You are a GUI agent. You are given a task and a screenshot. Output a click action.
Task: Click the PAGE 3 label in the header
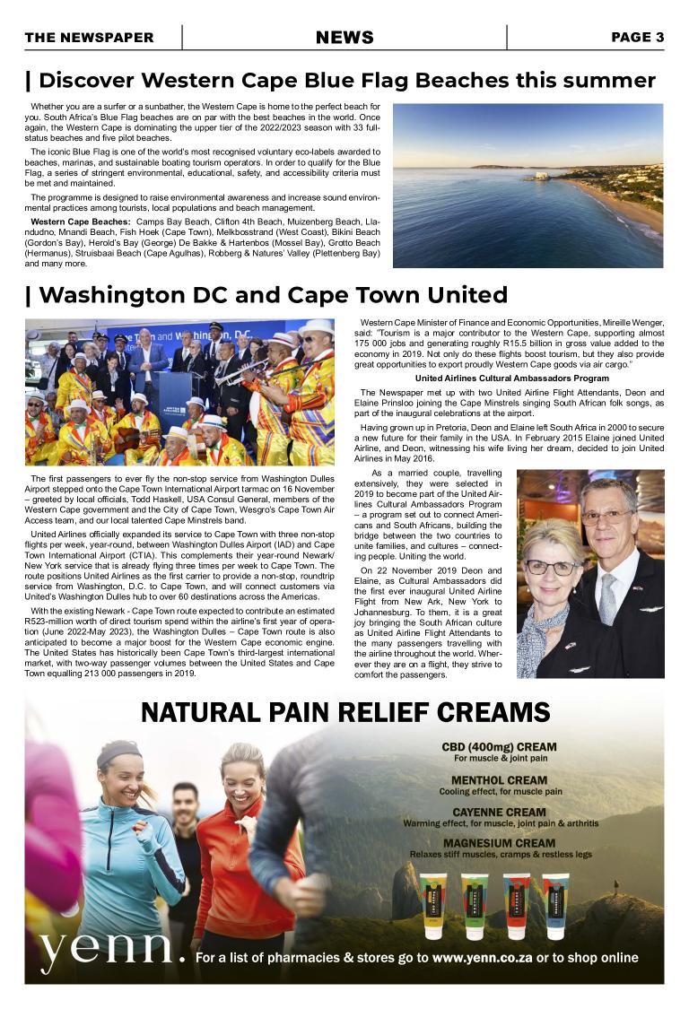click(x=637, y=38)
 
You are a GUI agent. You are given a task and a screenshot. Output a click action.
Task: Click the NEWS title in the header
click(x=344, y=38)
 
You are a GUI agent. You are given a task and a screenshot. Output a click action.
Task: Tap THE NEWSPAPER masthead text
click(x=89, y=38)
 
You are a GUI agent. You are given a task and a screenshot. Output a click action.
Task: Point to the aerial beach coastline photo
click(x=528, y=185)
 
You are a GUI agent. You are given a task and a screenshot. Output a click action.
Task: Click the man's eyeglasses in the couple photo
click(x=606, y=517)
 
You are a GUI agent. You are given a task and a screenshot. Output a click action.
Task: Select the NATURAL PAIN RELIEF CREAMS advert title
click(x=345, y=713)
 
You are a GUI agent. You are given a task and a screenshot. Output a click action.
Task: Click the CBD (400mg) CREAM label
click(x=499, y=747)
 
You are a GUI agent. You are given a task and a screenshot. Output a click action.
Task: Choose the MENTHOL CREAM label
click(x=499, y=780)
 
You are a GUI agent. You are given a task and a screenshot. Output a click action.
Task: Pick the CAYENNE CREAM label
click(x=499, y=813)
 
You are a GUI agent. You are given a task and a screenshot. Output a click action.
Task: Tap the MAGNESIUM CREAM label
click(x=499, y=843)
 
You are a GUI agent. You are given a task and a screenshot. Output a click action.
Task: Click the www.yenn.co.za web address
click(x=482, y=958)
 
